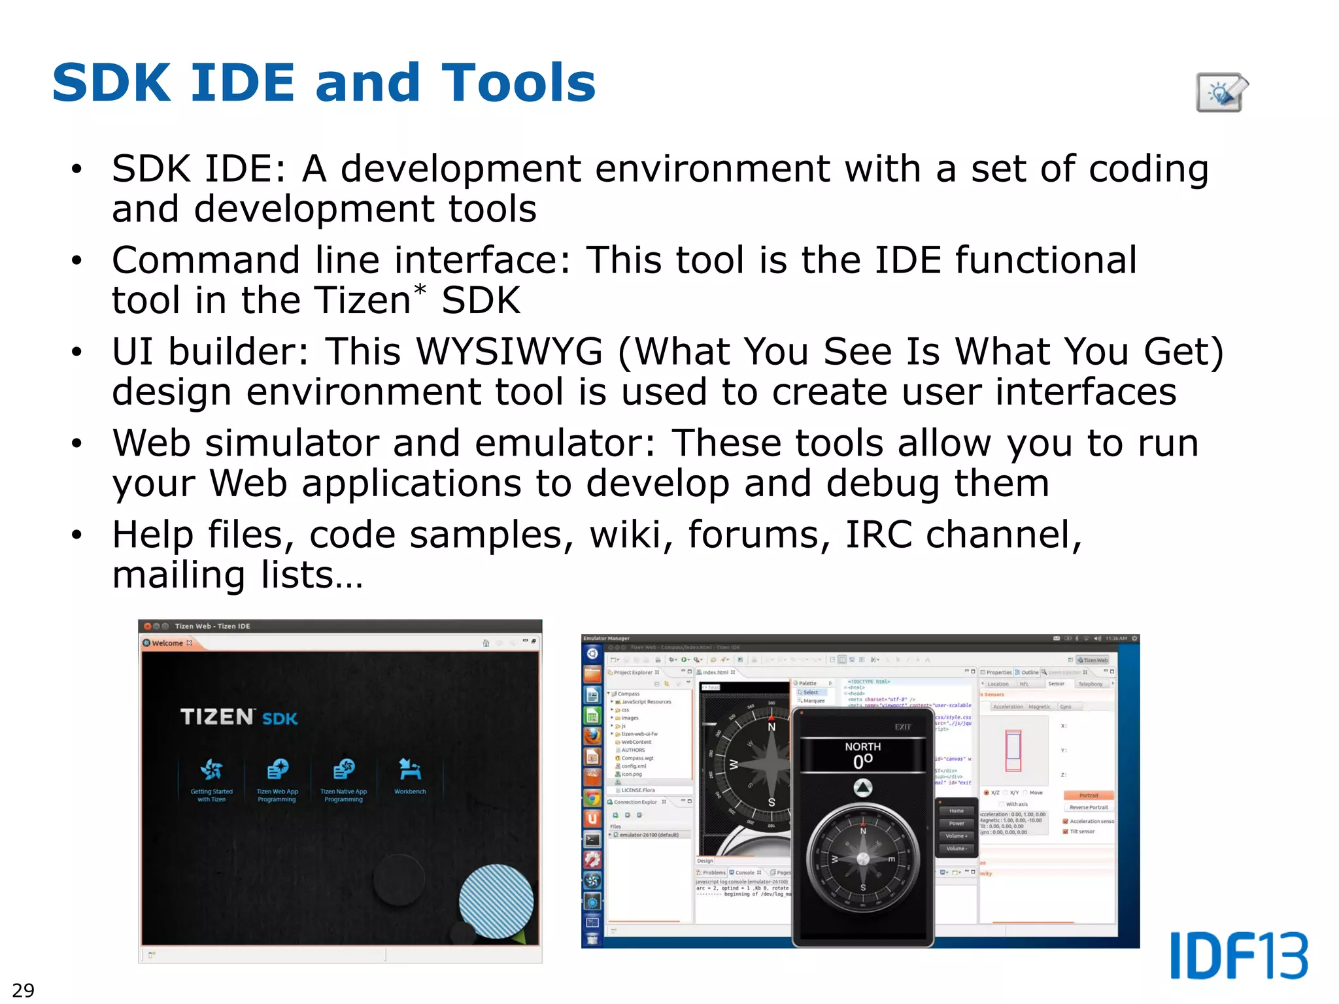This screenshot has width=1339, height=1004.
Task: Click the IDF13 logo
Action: tap(1238, 956)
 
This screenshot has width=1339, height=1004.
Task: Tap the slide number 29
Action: tap(24, 990)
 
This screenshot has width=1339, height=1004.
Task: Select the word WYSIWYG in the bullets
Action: tap(509, 352)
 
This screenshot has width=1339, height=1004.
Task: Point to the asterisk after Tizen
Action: tap(420, 290)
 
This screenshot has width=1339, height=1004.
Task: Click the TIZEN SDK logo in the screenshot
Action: tap(239, 717)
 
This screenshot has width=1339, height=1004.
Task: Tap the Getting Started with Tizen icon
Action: tap(211, 771)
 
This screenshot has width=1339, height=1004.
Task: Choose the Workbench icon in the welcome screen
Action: tap(410, 771)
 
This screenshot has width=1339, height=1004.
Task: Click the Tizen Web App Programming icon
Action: tap(277, 771)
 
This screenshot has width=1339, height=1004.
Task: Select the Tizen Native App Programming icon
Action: tap(343, 771)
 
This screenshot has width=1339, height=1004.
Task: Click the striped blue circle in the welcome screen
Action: tap(496, 901)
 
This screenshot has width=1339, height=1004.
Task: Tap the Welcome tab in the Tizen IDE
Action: tap(167, 643)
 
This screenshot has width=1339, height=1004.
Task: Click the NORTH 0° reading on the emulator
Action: tap(862, 755)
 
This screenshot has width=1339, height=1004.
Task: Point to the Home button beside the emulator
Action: tap(956, 811)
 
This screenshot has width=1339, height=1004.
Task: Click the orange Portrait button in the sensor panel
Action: tap(1089, 795)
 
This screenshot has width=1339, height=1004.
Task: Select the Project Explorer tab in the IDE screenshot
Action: tap(633, 672)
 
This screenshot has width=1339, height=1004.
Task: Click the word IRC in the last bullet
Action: tap(878, 535)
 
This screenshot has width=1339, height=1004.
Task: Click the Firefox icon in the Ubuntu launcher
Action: tap(592, 735)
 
